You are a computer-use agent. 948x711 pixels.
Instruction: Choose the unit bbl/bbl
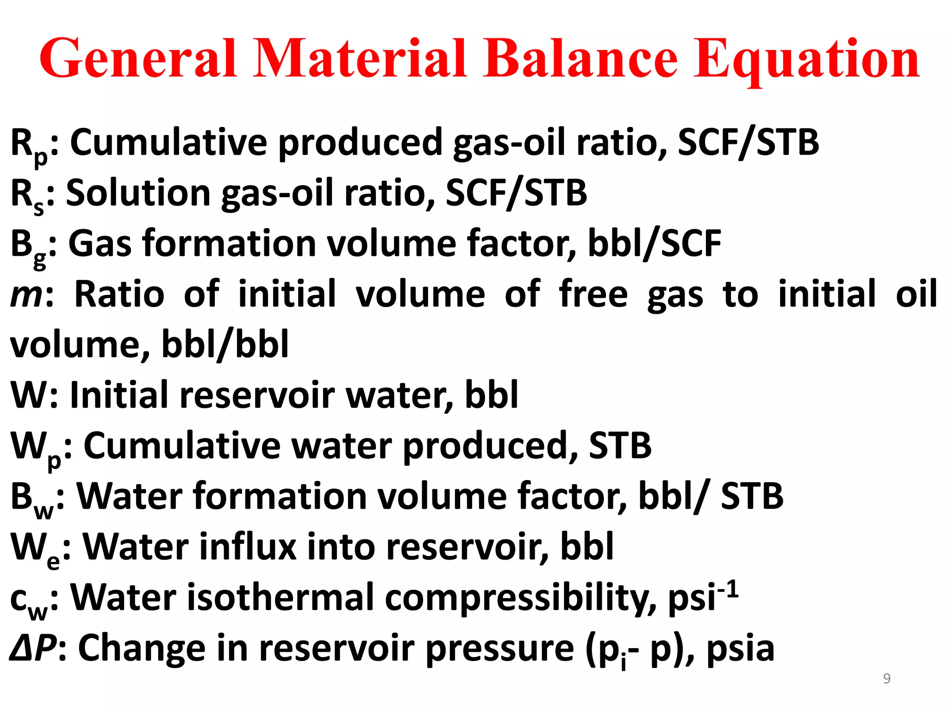coord(225,344)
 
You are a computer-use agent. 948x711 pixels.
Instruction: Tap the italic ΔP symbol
coord(33,648)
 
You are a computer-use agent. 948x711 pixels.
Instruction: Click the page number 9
coord(886,679)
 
